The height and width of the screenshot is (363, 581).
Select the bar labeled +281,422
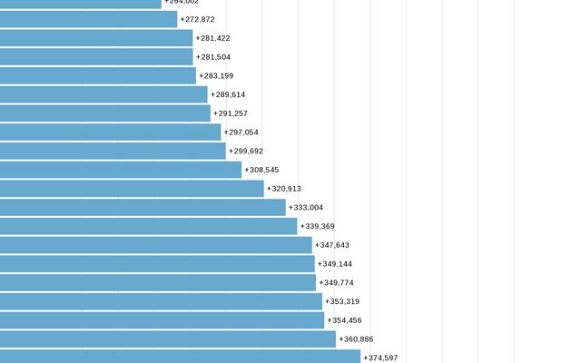click(96, 38)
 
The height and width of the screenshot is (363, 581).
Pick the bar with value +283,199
click(98, 75)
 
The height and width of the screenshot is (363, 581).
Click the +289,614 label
click(228, 94)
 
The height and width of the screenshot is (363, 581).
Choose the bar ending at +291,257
click(105, 113)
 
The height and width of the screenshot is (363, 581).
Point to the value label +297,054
click(241, 132)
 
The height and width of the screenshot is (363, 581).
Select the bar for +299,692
click(113, 151)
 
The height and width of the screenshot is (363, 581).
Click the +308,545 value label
click(261, 170)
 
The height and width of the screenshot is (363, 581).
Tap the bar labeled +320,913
click(132, 189)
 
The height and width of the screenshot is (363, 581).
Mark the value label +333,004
click(306, 208)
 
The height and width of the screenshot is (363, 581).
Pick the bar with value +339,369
click(149, 226)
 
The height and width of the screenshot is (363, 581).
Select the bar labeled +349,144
click(157, 264)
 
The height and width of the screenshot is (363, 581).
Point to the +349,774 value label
click(336, 283)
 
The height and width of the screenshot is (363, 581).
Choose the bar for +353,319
click(162, 301)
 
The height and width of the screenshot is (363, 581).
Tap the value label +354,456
click(344, 320)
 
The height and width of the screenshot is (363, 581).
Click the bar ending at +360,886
click(168, 339)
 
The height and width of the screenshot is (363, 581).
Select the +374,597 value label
click(380, 358)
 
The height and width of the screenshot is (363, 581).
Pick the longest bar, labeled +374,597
click(180, 357)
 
